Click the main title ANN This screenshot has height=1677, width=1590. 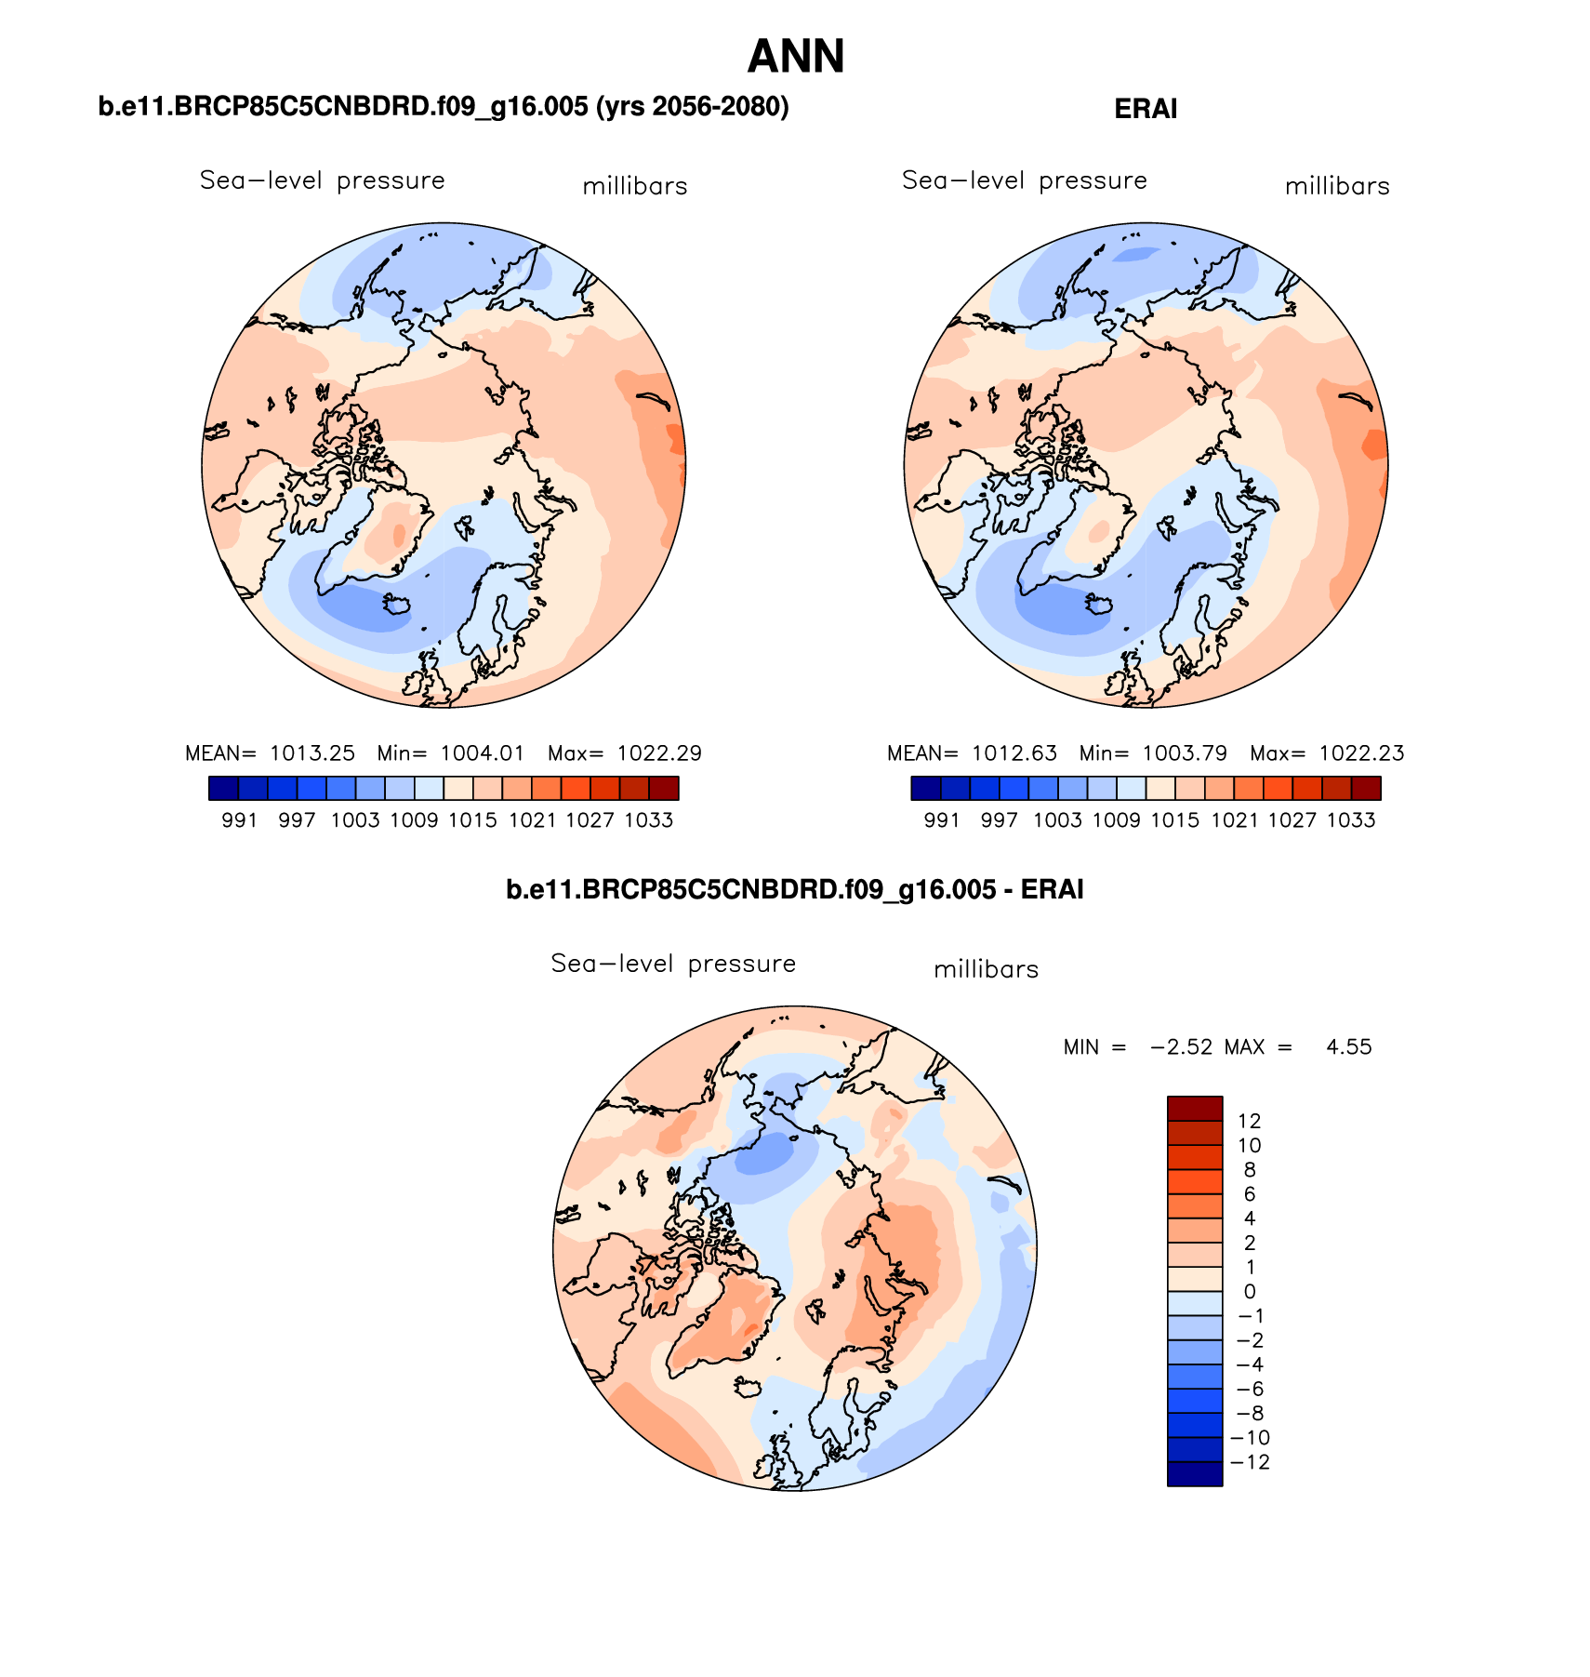(x=795, y=57)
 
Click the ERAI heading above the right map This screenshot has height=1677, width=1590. (x=1146, y=110)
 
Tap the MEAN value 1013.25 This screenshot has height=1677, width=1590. (x=312, y=753)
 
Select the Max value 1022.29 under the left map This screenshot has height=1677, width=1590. (x=659, y=753)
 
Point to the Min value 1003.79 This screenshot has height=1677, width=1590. (x=1186, y=753)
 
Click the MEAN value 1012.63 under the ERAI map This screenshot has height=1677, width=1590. (x=1014, y=753)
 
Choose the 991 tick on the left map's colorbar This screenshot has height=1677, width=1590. (x=239, y=820)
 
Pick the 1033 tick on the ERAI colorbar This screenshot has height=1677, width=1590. (x=1350, y=820)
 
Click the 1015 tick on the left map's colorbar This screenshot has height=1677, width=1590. (x=472, y=820)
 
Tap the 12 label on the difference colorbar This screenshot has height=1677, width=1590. (x=1249, y=1122)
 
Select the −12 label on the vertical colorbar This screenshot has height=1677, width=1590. (x=1249, y=1462)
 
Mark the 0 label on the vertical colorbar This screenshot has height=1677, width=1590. (x=1249, y=1292)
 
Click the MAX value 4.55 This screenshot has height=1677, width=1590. (x=1348, y=1047)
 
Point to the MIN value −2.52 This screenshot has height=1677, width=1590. (x=1181, y=1047)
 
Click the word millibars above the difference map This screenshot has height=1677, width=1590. (x=986, y=970)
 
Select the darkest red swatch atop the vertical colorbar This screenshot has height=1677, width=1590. (x=1195, y=1109)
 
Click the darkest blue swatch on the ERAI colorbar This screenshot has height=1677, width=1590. (x=926, y=789)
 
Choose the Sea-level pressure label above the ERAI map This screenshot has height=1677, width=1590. (x=1024, y=180)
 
